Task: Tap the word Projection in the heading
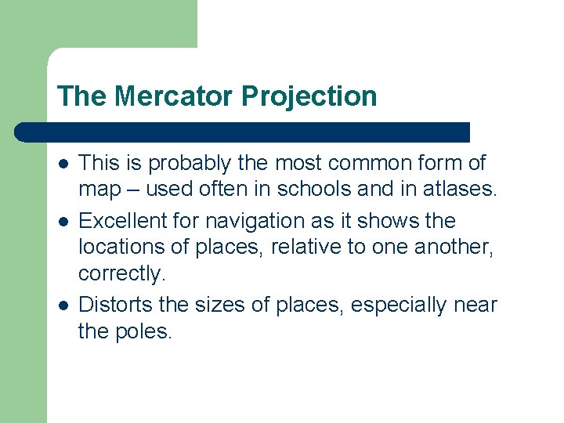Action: tap(309, 96)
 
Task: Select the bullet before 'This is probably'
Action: tap(62, 164)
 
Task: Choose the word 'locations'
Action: tap(118, 248)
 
